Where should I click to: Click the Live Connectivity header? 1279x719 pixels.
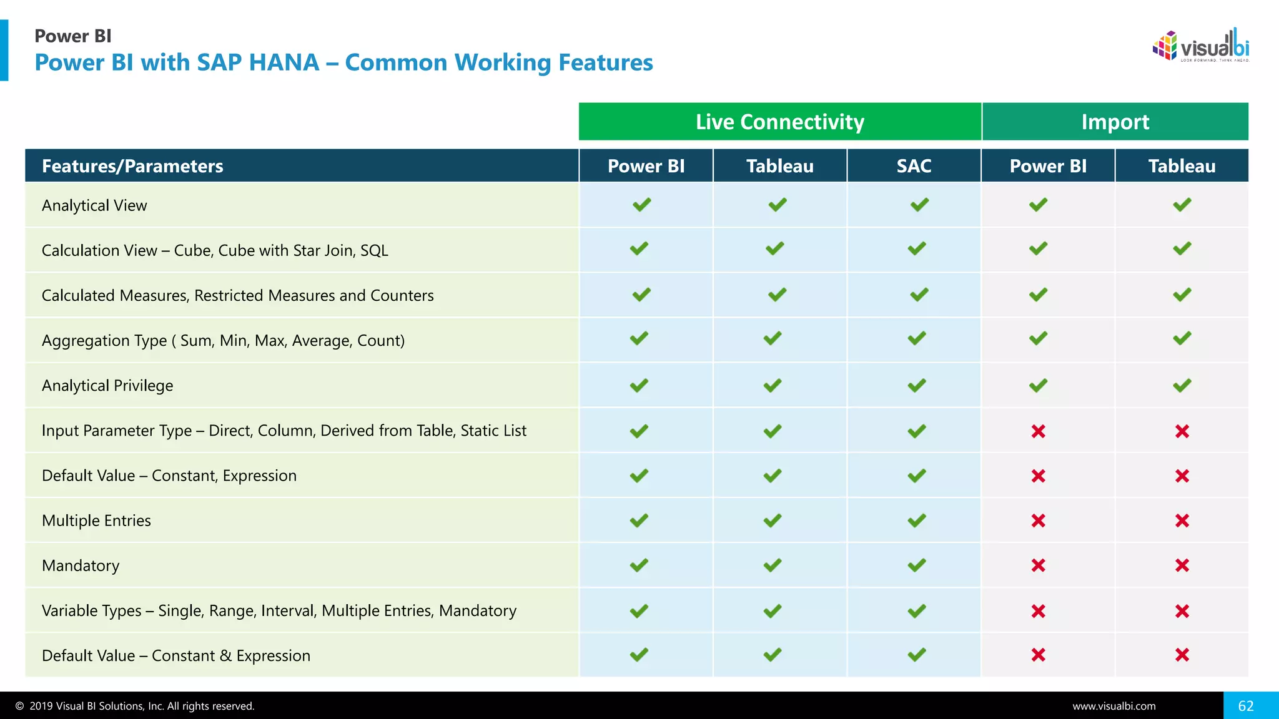click(x=779, y=122)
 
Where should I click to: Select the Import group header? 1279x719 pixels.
click(x=1115, y=122)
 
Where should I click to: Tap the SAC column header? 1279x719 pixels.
click(x=914, y=166)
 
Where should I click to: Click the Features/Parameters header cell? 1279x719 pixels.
click(x=132, y=166)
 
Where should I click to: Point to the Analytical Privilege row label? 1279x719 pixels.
click(x=107, y=386)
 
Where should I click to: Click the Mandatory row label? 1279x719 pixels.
click(x=81, y=565)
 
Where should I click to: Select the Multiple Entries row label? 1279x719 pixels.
click(x=96, y=521)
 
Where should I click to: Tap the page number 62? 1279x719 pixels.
click(x=1246, y=706)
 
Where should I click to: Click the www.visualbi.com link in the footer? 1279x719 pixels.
click(x=1114, y=706)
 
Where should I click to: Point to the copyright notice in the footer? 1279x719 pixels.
click(x=135, y=706)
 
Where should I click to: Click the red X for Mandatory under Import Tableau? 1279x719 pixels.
click(x=1182, y=565)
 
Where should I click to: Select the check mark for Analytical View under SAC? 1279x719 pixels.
click(x=919, y=205)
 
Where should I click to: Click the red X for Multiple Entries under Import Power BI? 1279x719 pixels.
click(x=1038, y=521)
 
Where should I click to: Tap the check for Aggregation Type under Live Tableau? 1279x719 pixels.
click(x=773, y=338)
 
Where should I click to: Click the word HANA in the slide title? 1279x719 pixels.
click(x=284, y=62)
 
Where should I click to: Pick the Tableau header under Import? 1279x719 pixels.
click(x=1182, y=166)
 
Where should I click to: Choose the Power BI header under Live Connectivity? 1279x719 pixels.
click(x=646, y=166)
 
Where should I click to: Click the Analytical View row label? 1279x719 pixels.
click(x=94, y=205)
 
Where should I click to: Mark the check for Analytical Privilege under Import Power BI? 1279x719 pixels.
click(x=1038, y=386)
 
